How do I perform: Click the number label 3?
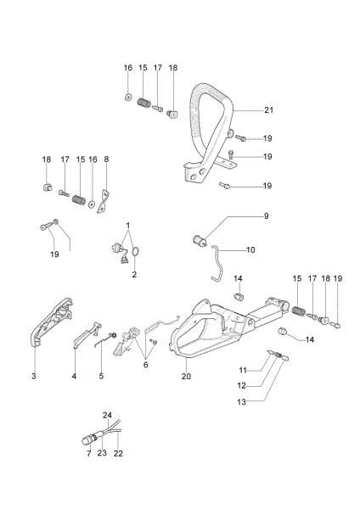(x=34, y=376)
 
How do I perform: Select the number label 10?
(x=250, y=250)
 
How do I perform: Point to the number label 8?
(x=106, y=159)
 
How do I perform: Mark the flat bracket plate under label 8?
(x=104, y=199)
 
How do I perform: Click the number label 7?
(x=87, y=454)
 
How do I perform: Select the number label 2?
(x=133, y=274)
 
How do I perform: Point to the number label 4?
(x=74, y=376)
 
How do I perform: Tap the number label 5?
(x=101, y=376)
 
